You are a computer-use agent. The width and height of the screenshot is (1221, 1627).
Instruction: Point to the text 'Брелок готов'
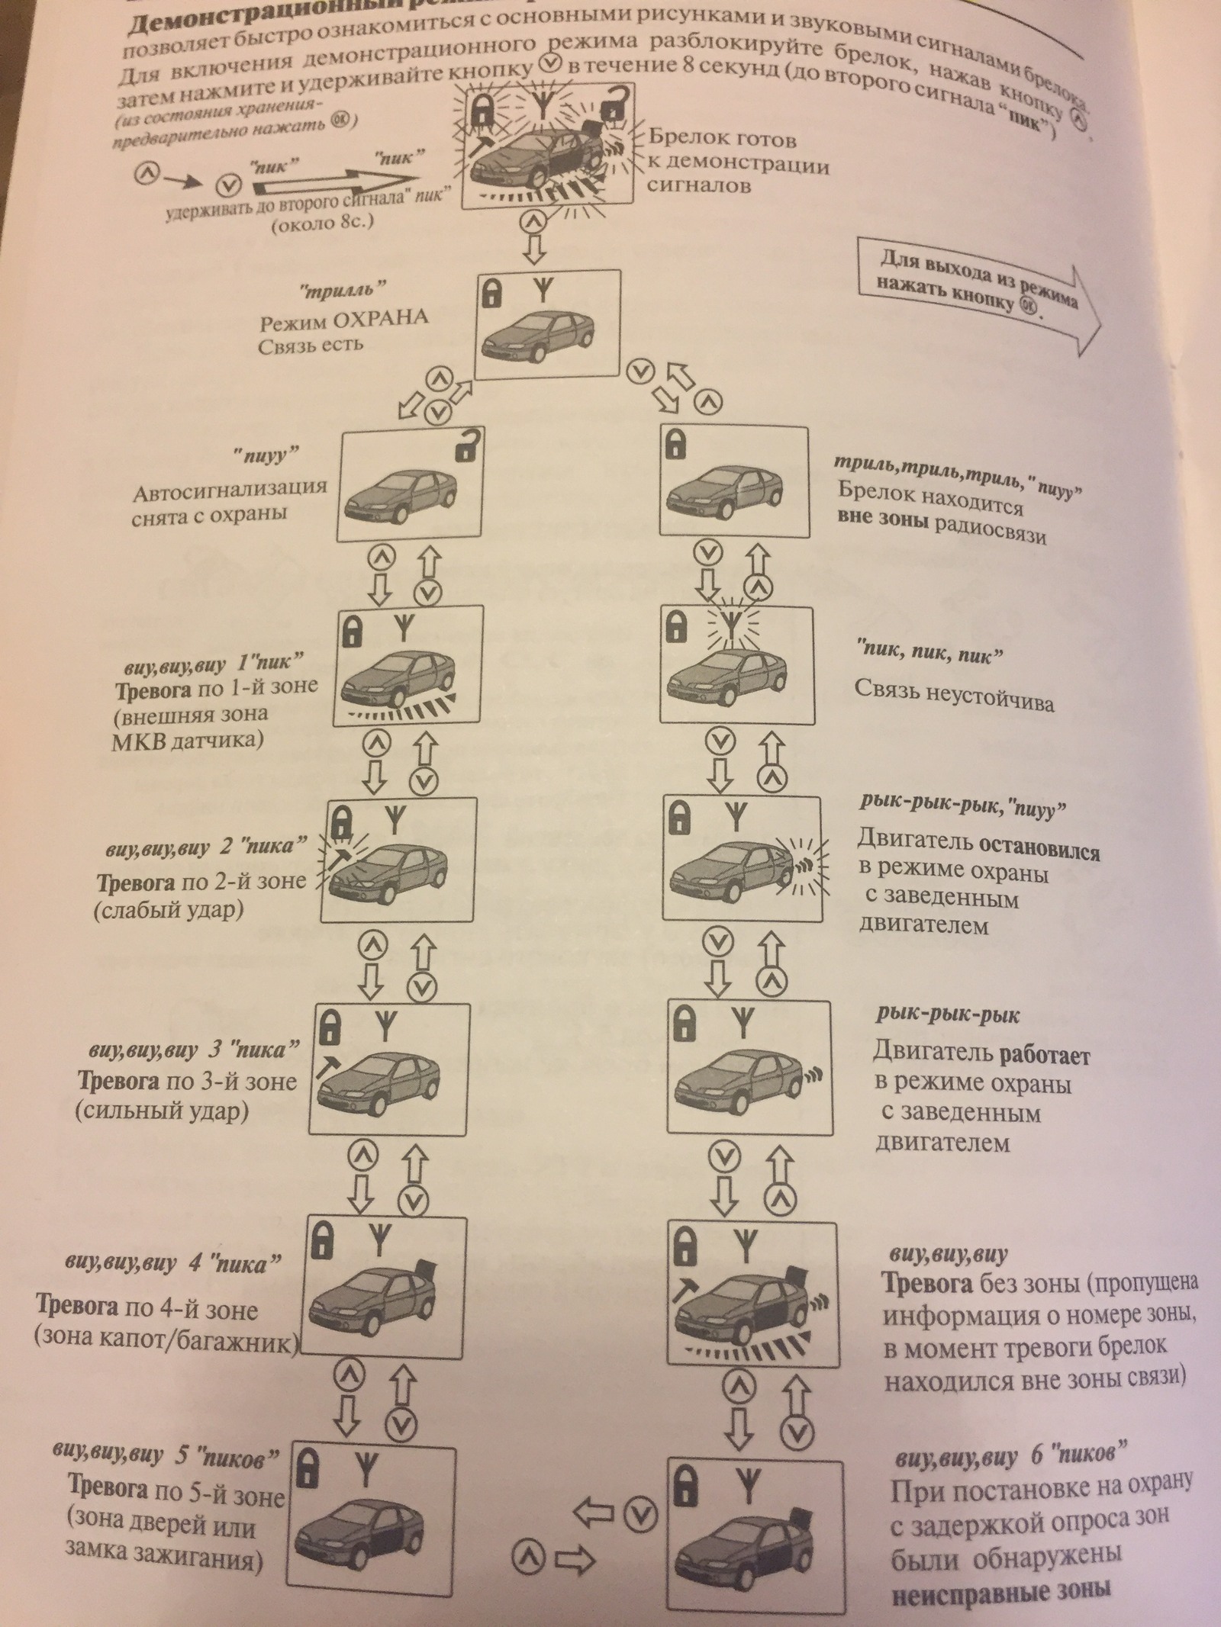pyautogui.click(x=722, y=139)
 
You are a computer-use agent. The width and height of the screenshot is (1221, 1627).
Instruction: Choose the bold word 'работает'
pyautogui.click(x=1042, y=1056)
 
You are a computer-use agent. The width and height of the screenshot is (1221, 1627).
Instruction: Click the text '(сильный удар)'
pyautogui.click(x=162, y=1111)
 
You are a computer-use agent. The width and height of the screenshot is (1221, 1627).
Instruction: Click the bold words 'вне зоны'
pyautogui.click(x=883, y=519)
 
